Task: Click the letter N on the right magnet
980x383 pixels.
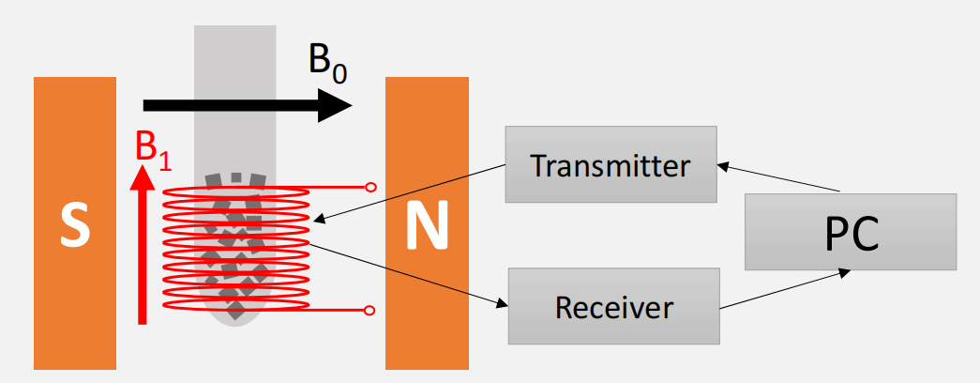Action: [x=427, y=227]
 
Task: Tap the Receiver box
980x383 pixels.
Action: [x=613, y=306]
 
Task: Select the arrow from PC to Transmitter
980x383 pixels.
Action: [x=778, y=178]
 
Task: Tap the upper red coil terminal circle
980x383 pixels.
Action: [x=371, y=188]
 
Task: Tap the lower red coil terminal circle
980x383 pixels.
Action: [x=371, y=310]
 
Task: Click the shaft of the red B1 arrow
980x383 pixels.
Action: [x=142, y=263]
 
